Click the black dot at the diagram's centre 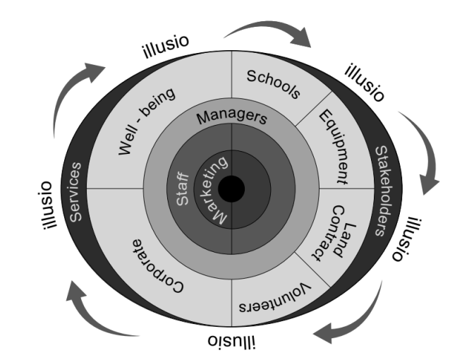tap(231, 189)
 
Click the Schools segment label tap(274, 83)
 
